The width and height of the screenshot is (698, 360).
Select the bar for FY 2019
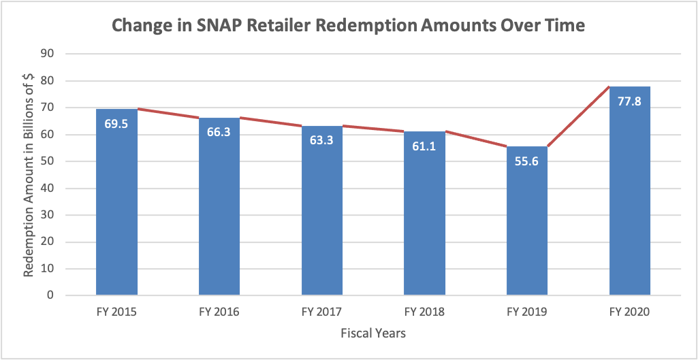tap(527, 231)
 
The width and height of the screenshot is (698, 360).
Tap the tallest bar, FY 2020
tap(629, 204)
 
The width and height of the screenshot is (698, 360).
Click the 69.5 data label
tap(116, 125)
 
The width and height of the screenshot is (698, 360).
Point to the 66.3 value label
tap(219, 131)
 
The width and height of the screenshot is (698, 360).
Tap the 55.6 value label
tap(527, 163)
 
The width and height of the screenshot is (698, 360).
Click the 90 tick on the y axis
tap(50, 54)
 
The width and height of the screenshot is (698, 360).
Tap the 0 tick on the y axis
tap(52, 295)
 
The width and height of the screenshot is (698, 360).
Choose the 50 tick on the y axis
tap(50, 161)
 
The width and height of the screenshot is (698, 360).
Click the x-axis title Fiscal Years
tap(373, 333)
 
